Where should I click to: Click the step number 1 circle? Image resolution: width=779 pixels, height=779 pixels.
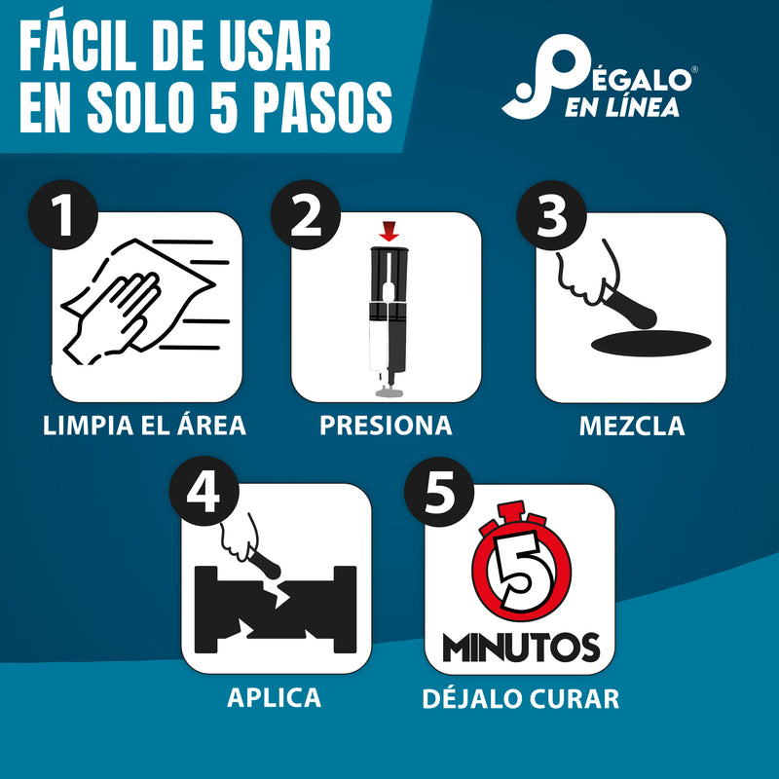[x=64, y=215]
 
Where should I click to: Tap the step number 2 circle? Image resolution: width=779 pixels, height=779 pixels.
[x=306, y=215]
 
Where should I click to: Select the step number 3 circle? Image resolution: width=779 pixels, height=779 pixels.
[x=551, y=215]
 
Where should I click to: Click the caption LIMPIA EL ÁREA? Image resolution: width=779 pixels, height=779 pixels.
[x=145, y=426]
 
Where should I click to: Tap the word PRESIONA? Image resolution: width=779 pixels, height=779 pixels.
[x=387, y=426]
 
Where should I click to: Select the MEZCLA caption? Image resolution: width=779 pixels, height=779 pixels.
[x=631, y=426]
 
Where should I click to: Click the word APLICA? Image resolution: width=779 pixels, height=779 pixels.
[x=274, y=697]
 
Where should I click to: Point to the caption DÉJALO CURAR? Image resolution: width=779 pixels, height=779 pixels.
[x=520, y=698]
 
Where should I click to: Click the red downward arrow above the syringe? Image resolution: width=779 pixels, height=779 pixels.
[x=389, y=232]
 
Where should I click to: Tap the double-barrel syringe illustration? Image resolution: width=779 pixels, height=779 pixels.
[x=389, y=316]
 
